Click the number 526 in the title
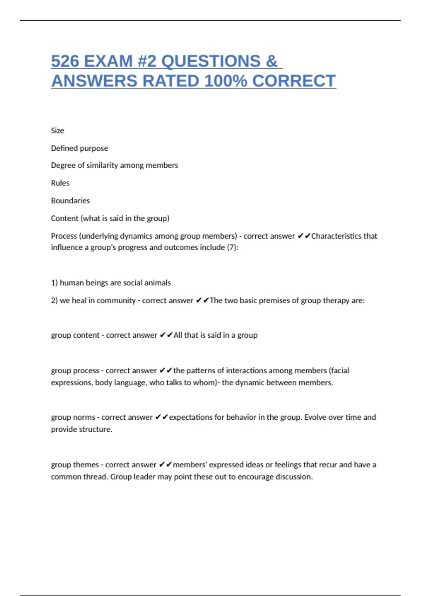[65, 61]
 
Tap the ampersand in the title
[272, 61]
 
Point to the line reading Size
[58, 131]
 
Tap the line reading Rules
[60, 183]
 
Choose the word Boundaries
[70, 201]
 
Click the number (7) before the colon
[232, 248]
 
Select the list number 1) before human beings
[54, 283]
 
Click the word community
[116, 300]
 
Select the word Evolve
[316, 417]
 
